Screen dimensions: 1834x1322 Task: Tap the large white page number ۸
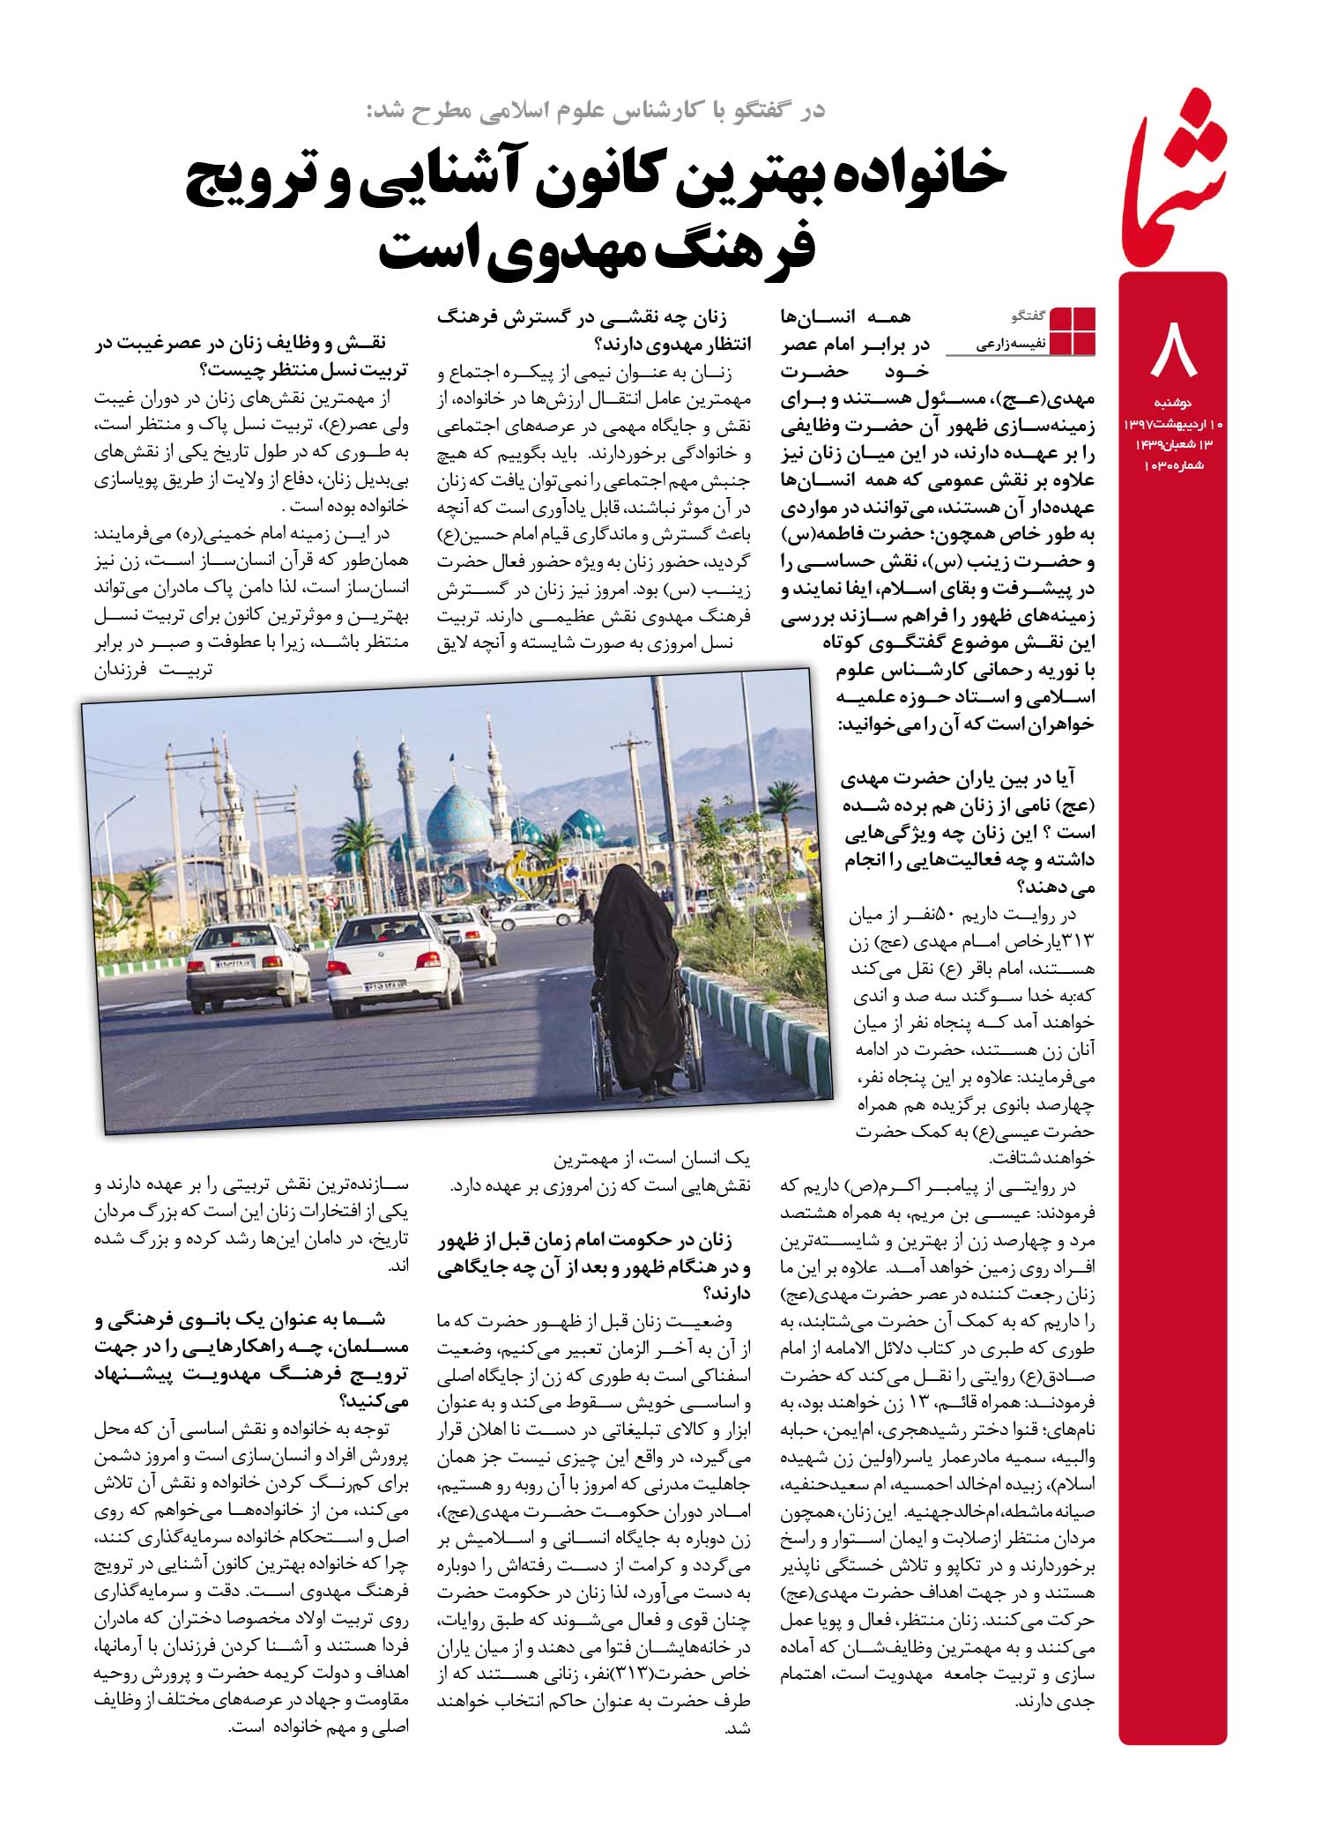click(x=1173, y=350)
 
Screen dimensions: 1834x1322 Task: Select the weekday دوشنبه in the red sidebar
click(x=1173, y=403)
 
